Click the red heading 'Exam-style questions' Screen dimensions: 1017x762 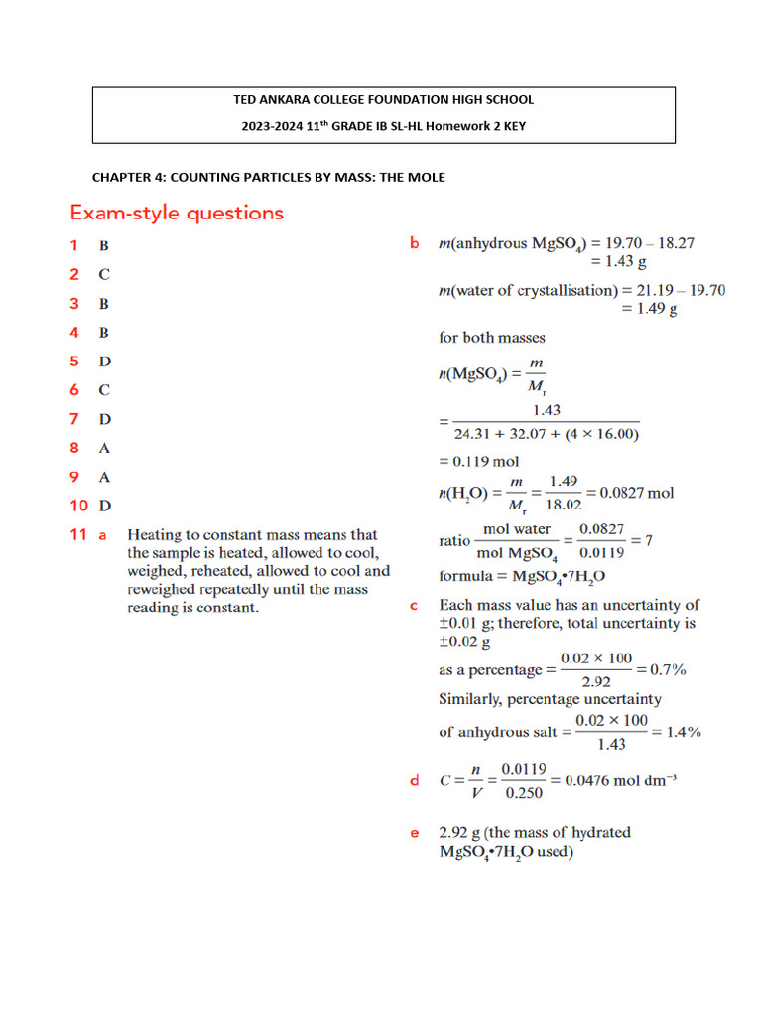pyautogui.click(x=176, y=213)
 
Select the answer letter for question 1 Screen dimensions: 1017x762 pyautogui.click(x=103, y=244)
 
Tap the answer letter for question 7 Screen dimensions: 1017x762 pyautogui.click(x=104, y=419)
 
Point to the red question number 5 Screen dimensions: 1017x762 pyautogui.click(x=73, y=362)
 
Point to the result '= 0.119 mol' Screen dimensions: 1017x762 pyautogui.click(x=479, y=461)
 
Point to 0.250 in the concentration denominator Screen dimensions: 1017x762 pyautogui.click(x=522, y=793)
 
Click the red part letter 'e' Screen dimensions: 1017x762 pyautogui.click(x=415, y=833)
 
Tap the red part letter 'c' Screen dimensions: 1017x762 pyautogui.click(x=414, y=605)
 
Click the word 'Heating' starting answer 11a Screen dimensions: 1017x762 pyautogui.click(x=154, y=535)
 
